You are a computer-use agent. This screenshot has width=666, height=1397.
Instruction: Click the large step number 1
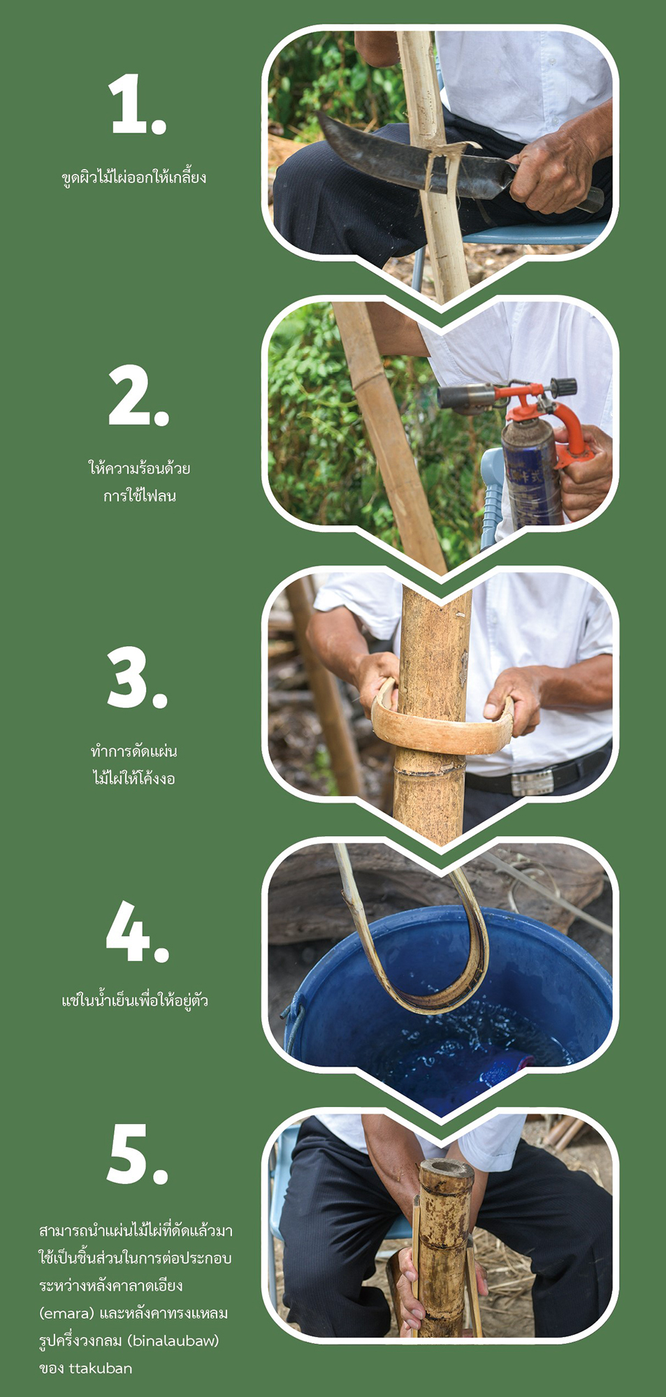(138, 105)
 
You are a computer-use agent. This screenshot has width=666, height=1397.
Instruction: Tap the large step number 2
(138, 396)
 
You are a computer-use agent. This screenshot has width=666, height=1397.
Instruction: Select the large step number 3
(138, 678)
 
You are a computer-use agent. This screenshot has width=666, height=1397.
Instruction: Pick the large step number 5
(138, 1155)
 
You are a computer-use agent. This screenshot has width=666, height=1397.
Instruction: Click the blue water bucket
(447, 1006)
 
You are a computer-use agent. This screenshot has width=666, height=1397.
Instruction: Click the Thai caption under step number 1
(134, 176)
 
